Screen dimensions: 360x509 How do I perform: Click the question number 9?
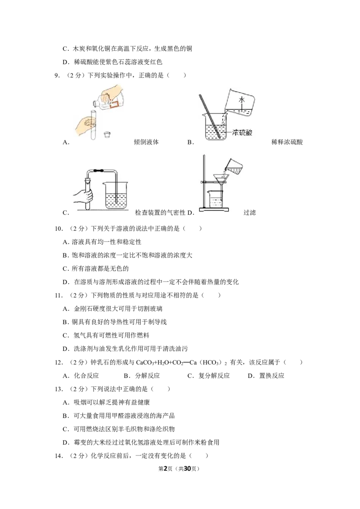57,75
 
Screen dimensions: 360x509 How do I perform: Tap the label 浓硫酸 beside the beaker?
243,133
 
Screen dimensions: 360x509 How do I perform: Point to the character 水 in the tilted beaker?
241,100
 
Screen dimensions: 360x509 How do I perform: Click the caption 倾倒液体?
146,142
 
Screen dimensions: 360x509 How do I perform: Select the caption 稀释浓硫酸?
287,142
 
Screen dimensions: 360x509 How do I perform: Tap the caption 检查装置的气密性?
160,213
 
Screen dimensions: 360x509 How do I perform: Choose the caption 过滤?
250,213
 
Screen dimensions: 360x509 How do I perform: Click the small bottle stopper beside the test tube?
106,134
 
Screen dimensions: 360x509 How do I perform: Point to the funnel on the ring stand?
221,181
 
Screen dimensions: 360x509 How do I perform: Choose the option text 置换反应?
272,375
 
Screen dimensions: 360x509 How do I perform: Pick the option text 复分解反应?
214,375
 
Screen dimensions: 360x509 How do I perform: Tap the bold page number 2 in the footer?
166,469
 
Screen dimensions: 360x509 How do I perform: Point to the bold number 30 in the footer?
187,469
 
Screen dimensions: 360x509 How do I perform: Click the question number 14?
58,456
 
